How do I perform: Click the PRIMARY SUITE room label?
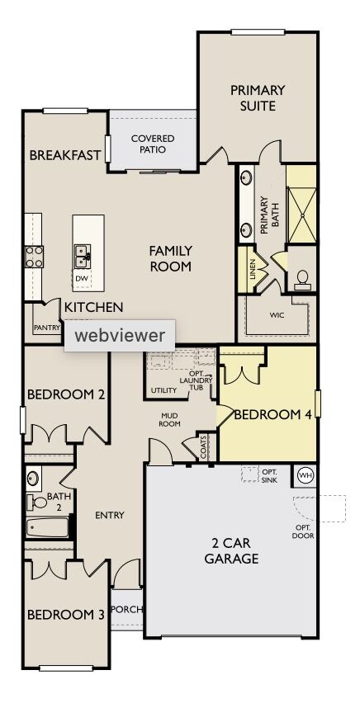click(x=258, y=97)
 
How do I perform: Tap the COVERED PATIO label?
click(x=153, y=144)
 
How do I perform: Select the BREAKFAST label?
click(x=65, y=155)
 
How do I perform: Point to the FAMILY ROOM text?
click(x=170, y=258)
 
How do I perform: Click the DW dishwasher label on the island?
click(x=81, y=279)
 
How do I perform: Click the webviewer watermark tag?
click(x=120, y=335)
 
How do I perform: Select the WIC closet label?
click(x=277, y=314)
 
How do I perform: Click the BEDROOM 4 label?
click(x=272, y=414)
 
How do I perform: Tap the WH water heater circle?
click(x=305, y=476)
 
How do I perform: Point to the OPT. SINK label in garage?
click(x=269, y=475)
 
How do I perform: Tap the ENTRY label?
click(x=109, y=515)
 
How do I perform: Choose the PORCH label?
click(x=126, y=610)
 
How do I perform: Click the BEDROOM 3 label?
click(x=65, y=615)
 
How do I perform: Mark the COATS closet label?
click(x=204, y=446)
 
